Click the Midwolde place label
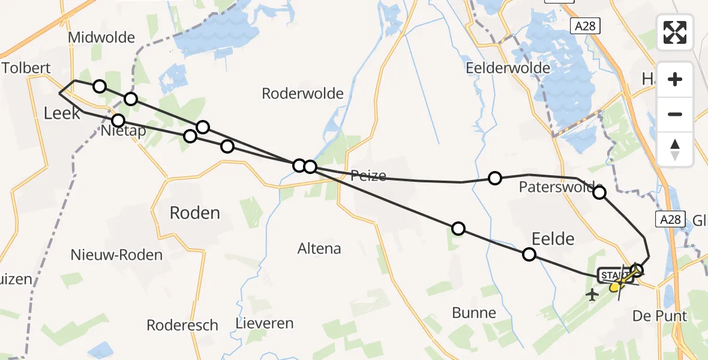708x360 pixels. point(101,38)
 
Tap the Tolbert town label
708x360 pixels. point(26,68)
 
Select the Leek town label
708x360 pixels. point(62,112)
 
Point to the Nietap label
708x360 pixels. point(124,131)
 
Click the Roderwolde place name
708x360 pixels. point(302,94)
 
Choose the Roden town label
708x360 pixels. point(195,212)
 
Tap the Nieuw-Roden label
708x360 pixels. point(116,255)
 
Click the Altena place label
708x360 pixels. point(319,248)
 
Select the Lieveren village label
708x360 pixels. point(265,324)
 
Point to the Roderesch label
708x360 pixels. point(182,325)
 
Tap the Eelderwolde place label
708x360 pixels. point(508,68)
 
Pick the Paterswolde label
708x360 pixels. point(560,187)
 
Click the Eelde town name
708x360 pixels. point(553,239)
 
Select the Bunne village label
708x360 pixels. point(475,313)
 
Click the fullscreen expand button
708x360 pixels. point(675,32)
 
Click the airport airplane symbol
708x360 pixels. point(593,295)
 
